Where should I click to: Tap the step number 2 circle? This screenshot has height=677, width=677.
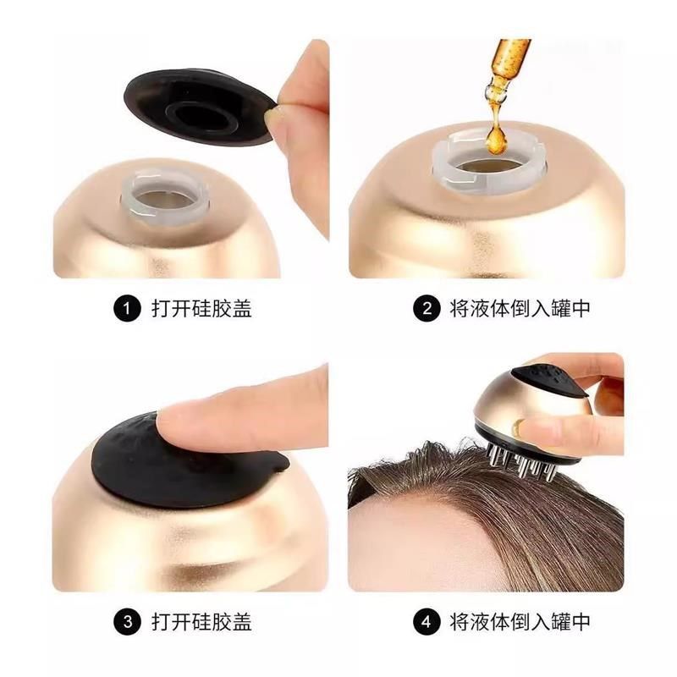point(427,309)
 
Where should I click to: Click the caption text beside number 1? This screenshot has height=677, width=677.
point(201,309)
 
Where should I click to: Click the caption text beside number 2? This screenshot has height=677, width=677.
point(519,309)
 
